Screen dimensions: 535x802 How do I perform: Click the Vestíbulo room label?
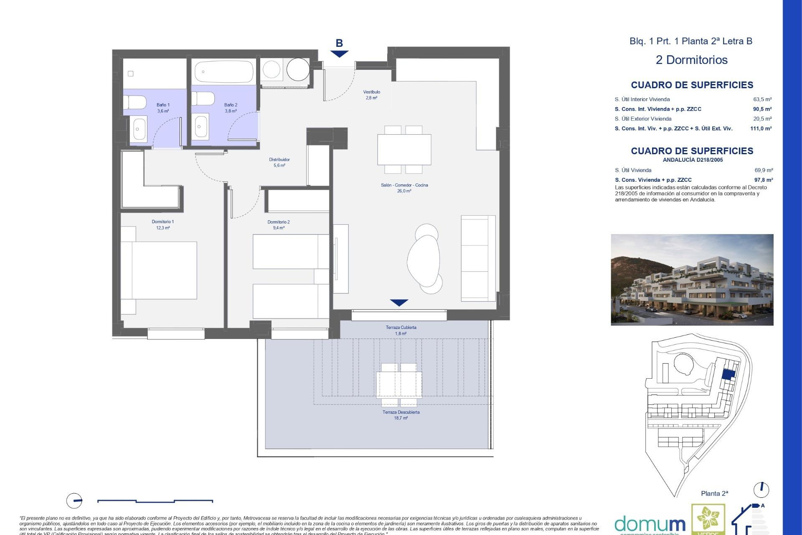[371, 92]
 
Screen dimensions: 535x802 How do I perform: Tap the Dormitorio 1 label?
[162, 222]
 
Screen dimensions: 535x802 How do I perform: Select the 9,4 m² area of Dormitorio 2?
[279, 228]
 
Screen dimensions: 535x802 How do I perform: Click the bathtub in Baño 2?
[224, 72]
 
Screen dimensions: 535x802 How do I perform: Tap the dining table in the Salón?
[404, 149]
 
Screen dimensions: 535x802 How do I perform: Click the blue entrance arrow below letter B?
[339, 54]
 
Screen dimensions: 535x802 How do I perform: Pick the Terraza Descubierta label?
[401, 412]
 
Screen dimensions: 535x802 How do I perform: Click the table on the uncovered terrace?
[399, 385]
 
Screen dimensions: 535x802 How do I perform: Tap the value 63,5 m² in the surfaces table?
[762, 99]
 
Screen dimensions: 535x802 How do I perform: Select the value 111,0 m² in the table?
[761, 129]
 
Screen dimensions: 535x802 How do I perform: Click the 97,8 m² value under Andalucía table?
[763, 180]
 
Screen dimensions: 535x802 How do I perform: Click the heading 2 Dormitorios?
[691, 60]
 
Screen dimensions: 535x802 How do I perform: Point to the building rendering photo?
[692, 280]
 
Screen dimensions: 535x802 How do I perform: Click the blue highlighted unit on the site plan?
[728, 375]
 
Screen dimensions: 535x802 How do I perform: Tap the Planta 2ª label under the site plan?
[714, 494]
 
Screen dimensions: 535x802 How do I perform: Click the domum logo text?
[650, 524]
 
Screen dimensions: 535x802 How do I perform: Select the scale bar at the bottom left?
[155, 501]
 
